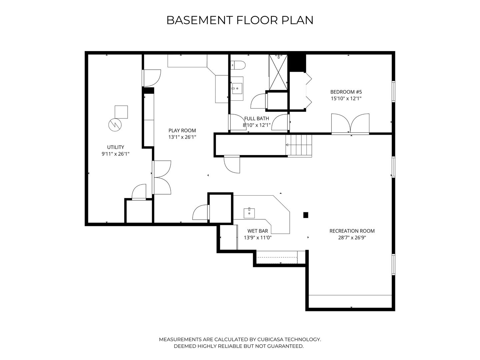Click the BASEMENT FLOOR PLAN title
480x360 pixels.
pos(240,20)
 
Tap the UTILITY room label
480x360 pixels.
pos(115,147)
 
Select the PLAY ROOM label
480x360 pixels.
pos(182,130)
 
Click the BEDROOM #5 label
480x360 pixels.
pos(346,92)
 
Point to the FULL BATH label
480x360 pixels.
pos(257,118)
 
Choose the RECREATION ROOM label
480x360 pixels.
pos(352,231)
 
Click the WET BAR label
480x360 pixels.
pos(258,231)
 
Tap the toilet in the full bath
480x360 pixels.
pos(238,65)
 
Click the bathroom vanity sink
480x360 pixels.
pos(237,89)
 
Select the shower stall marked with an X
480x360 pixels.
pos(278,72)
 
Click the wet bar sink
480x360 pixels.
pos(249,213)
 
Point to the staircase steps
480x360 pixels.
pos(299,145)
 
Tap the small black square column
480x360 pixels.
pos(306,215)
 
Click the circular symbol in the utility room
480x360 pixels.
pos(115,125)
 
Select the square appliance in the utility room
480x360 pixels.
pos(121,112)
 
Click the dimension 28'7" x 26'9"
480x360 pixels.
pos(352,238)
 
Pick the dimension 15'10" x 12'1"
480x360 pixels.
pos(346,99)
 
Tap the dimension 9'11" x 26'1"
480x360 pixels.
pos(115,154)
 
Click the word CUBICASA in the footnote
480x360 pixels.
pos(270,339)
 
